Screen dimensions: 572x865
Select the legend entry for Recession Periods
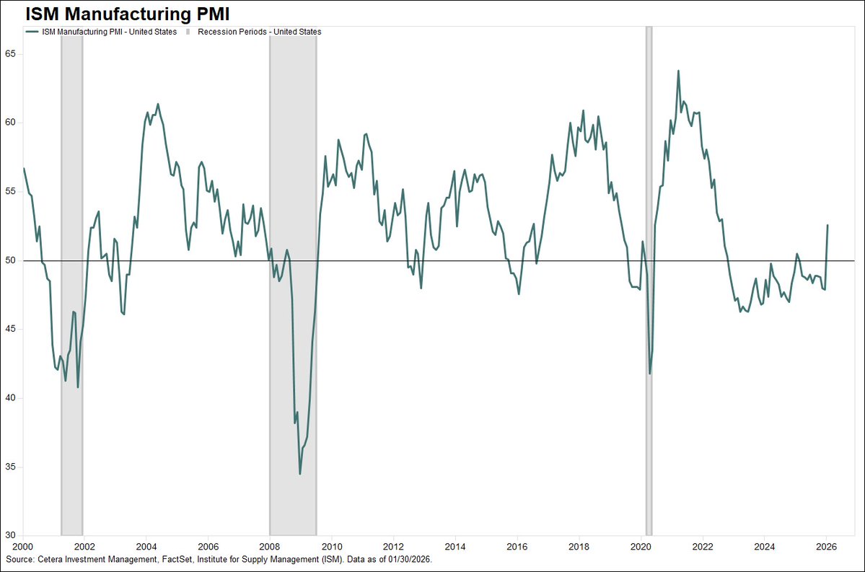point(256,32)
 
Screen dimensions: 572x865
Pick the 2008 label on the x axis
point(270,547)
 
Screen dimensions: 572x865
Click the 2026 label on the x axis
point(827,547)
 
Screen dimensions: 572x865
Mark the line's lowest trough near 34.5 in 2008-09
point(300,474)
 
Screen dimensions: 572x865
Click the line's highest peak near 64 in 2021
point(678,71)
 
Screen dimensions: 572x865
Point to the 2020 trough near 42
point(650,373)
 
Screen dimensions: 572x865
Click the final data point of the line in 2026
point(827,225)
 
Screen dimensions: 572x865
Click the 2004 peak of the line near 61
point(158,104)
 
